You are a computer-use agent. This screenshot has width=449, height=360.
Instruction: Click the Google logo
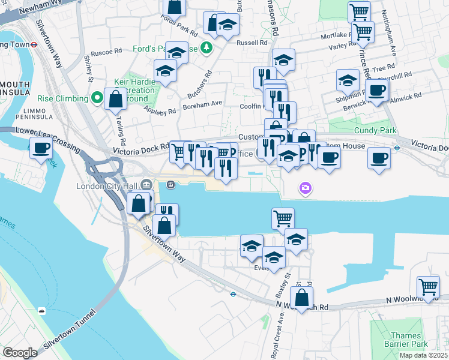pos(20,353)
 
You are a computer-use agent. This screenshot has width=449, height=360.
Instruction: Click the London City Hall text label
pos(107,186)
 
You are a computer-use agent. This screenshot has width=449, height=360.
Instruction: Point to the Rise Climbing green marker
pos(97,98)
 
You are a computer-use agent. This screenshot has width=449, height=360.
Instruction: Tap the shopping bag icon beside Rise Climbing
pos(115,98)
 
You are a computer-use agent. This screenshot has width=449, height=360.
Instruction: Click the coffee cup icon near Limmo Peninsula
pos(41,148)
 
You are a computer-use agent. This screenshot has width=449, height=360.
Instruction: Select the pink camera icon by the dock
pos(306,189)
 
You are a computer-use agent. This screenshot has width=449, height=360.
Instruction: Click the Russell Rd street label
pos(252,43)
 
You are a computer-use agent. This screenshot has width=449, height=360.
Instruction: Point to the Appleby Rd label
pos(159,111)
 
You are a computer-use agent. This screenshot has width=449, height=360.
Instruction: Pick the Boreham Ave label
pos(202,103)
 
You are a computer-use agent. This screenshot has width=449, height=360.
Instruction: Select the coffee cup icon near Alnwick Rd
pos(377,90)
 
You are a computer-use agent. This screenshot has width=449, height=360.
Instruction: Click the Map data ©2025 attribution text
pos(423,355)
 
